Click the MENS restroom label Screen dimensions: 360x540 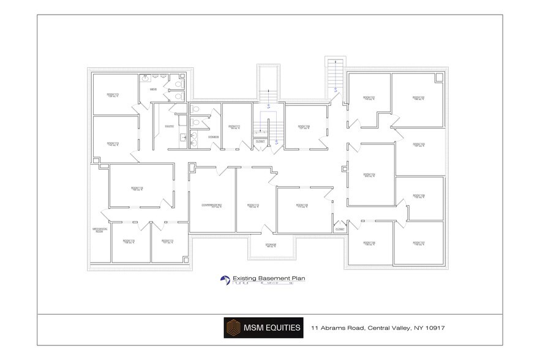[154, 90]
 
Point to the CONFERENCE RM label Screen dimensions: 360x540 [211, 205]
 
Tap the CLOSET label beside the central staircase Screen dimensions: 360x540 [260, 141]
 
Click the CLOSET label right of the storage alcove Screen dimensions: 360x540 [340, 229]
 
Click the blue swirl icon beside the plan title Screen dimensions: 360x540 [225, 279]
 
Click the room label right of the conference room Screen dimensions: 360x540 [253, 206]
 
